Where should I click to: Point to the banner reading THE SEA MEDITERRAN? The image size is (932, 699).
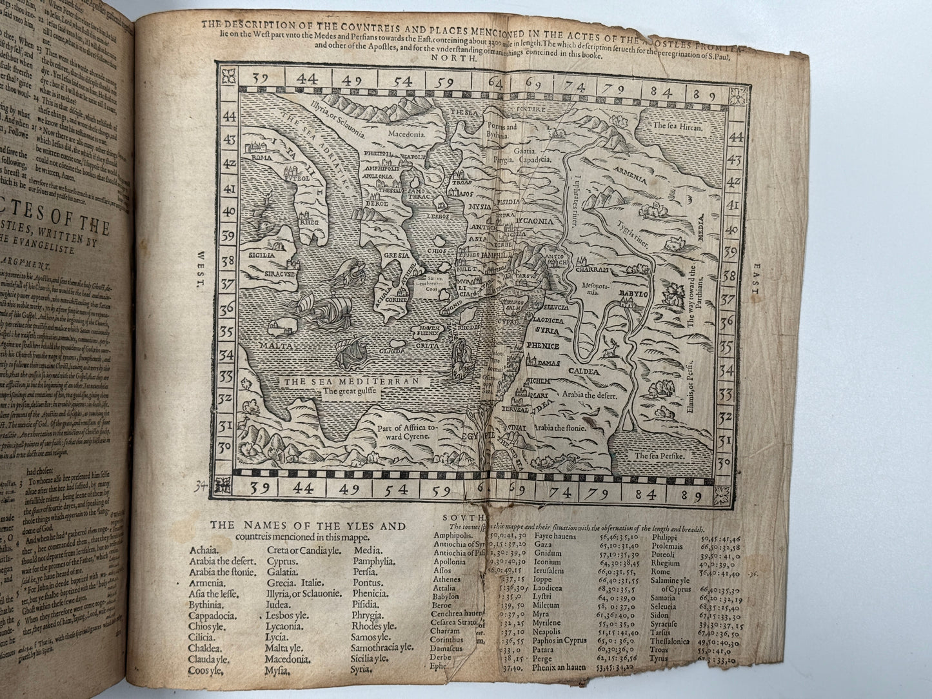[x=348, y=380]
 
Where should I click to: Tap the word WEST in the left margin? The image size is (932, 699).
[x=200, y=266]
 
